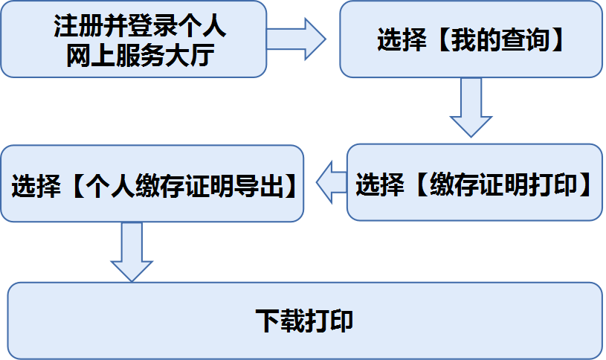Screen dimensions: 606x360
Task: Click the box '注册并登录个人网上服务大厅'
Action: tap(134, 39)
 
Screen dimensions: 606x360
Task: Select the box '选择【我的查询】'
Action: tap(471, 39)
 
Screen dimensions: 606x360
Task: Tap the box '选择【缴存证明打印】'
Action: tap(474, 182)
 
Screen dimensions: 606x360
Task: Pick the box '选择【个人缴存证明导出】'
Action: tap(152, 184)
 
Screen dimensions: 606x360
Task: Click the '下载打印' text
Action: tap(304, 321)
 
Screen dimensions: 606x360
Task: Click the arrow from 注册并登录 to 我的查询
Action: tap(296, 39)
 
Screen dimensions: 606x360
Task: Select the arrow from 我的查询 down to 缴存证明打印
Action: tap(471, 108)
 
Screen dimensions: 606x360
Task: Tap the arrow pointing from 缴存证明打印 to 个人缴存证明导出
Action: tap(331, 182)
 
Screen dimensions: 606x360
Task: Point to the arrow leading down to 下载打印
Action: tap(132, 252)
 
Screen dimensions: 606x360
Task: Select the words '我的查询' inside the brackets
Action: tap(500, 40)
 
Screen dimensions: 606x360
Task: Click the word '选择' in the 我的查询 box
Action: tap(402, 40)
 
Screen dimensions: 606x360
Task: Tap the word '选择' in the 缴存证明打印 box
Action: tap(380, 184)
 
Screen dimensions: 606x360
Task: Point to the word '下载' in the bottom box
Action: tap(280, 321)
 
